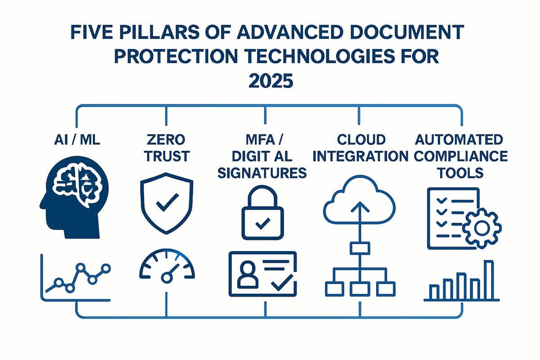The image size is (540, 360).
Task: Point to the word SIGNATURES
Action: click(x=262, y=172)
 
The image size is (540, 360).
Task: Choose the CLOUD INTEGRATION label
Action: click(x=360, y=147)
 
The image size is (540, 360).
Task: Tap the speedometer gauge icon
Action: click(x=167, y=269)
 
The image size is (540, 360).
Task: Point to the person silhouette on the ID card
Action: click(x=246, y=276)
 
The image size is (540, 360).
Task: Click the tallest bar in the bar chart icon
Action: click(x=488, y=279)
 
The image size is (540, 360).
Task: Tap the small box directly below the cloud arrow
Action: click(x=359, y=247)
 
